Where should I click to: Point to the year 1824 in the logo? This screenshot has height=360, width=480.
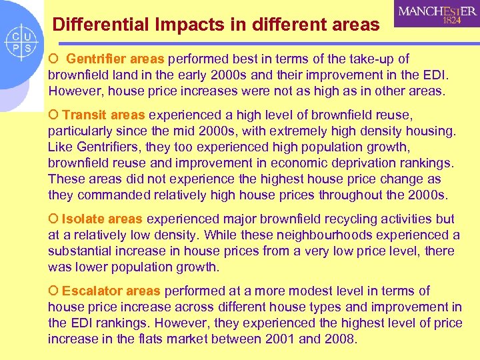point(452,21)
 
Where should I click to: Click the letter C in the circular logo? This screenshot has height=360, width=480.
point(14,37)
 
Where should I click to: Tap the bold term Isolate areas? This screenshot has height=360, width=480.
point(102,219)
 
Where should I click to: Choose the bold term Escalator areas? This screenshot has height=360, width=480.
point(111,291)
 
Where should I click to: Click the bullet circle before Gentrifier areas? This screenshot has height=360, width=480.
point(53,59)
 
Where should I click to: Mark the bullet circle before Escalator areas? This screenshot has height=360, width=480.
point(53,291)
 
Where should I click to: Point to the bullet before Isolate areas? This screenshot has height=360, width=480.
point(53,219)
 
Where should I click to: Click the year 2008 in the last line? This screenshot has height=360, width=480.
point(341,339)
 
